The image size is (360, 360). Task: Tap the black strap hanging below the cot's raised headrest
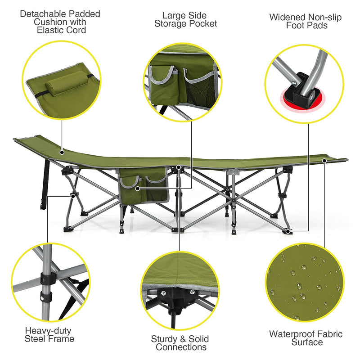tap(45, 184)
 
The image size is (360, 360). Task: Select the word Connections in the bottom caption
tap(181, 347)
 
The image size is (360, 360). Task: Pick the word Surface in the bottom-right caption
tap(306, 342)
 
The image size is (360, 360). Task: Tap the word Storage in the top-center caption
tap(171, 23)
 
